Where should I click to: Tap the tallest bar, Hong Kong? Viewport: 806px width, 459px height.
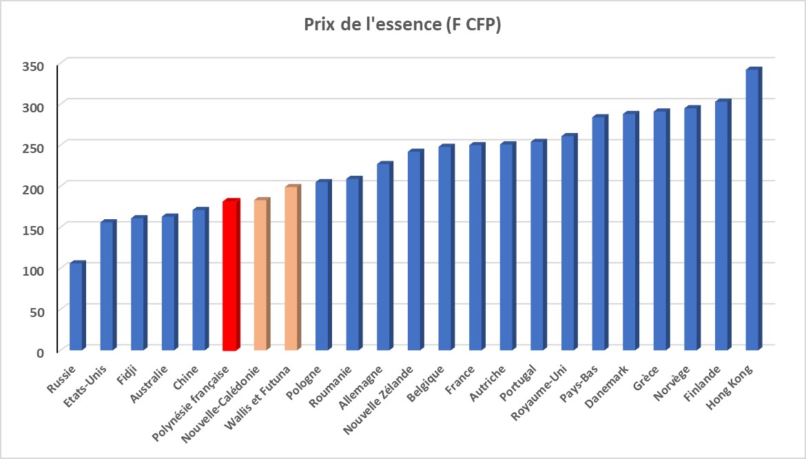tap(754, 209)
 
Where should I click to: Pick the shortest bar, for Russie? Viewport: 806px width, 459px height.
tap(77, 306)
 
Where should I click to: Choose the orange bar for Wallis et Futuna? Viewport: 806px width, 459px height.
tap(293, 268)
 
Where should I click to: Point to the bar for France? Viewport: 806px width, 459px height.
tap(477, 247)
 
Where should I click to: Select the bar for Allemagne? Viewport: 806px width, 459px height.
tap(385, 256)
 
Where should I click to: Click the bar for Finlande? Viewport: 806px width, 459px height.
tap(723, 225)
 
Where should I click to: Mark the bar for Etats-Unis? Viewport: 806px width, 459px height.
tap(108, 285)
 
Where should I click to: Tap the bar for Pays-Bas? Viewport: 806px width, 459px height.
tap(600, 233)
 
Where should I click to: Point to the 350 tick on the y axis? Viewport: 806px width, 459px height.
tap(34, 65)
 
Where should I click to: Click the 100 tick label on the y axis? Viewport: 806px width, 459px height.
tap(34, 270)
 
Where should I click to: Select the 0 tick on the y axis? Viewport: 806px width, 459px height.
tap(40, 352)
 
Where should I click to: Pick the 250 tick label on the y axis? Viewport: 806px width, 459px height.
tap(34, 147)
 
